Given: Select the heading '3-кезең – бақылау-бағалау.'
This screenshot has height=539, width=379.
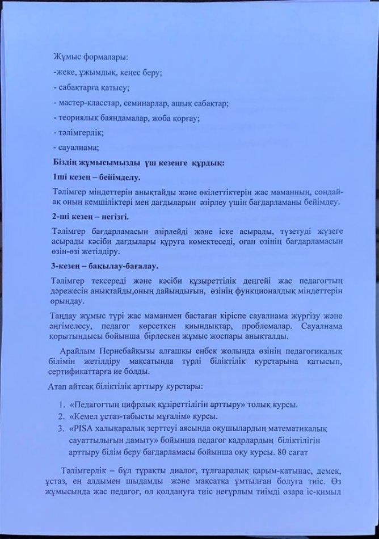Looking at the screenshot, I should [104, 265].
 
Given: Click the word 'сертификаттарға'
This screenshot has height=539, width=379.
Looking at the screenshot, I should [79, 375].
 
